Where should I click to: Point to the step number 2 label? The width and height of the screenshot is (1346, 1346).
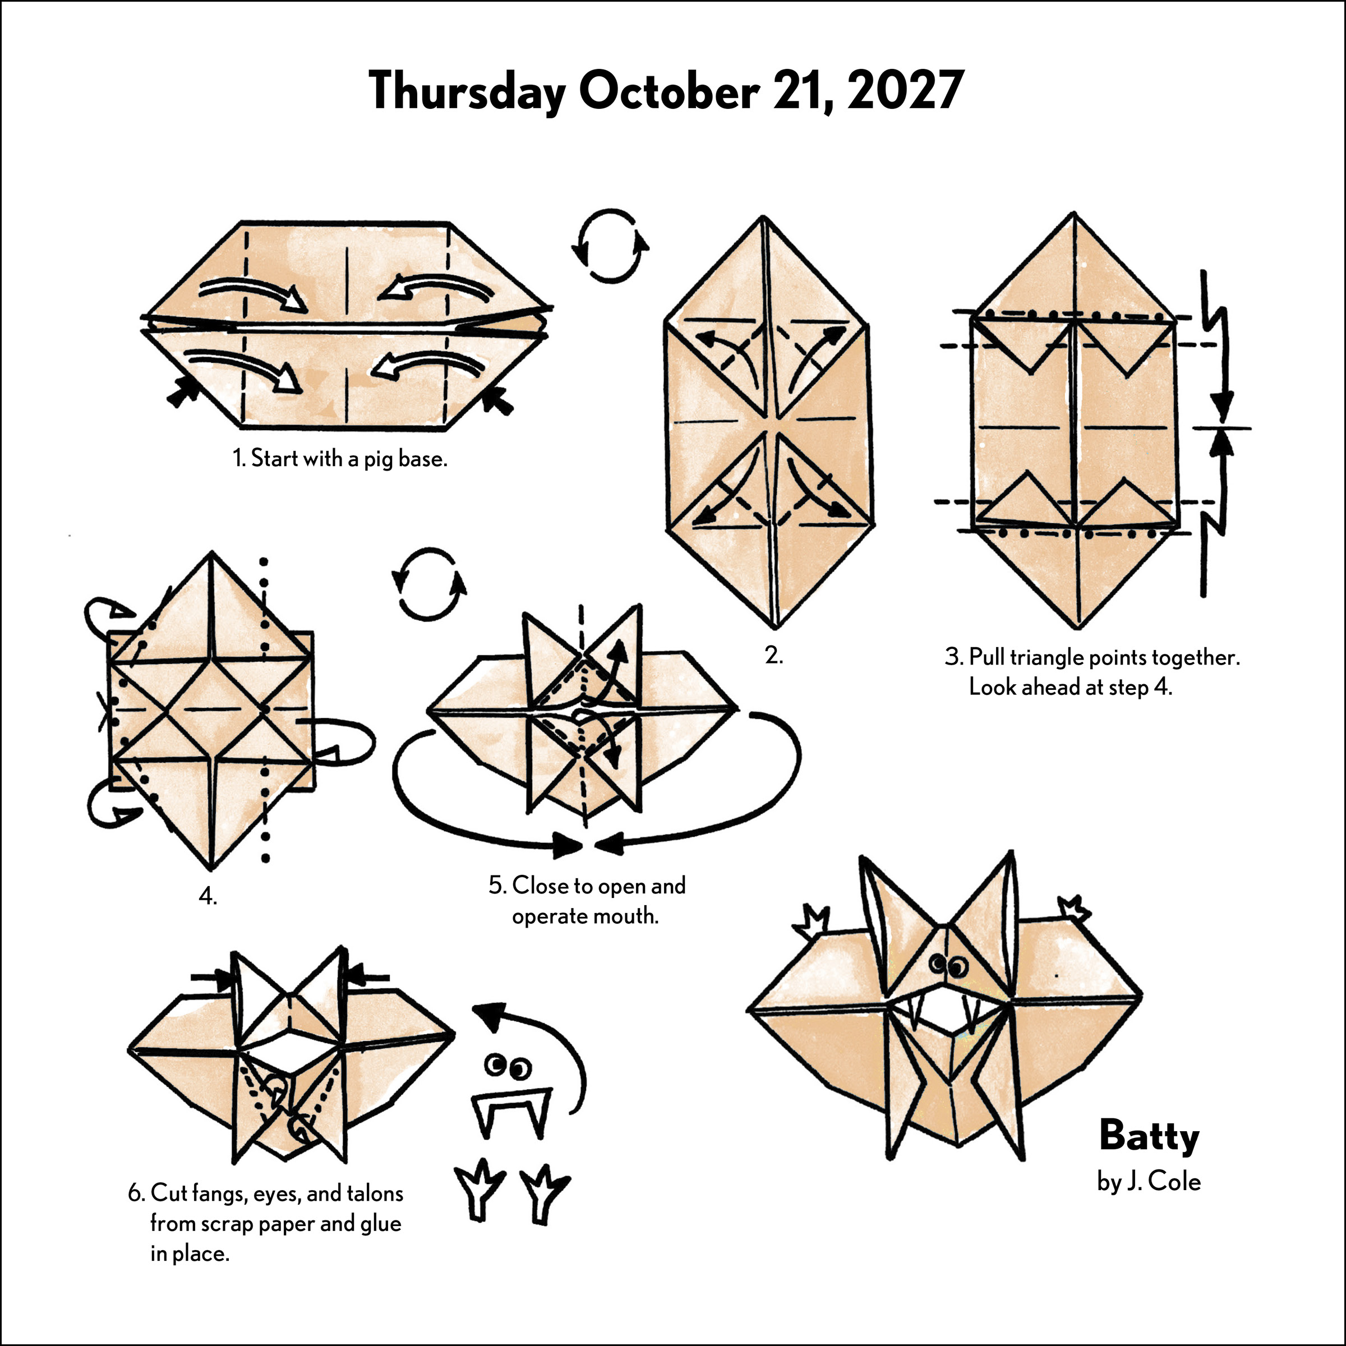[x=773, y=655]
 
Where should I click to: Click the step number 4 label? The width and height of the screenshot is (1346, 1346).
[x=208, y=896]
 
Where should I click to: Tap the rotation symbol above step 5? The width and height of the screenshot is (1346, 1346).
[x=428, y=584]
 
